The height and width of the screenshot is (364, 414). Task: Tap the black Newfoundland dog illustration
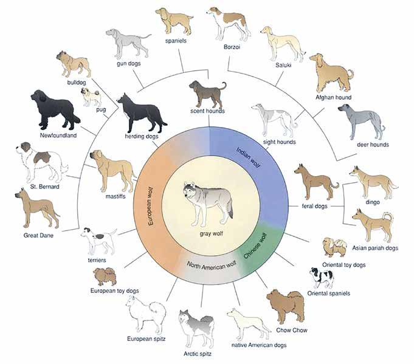(54, 109)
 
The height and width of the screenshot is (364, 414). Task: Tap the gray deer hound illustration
(359, 122)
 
